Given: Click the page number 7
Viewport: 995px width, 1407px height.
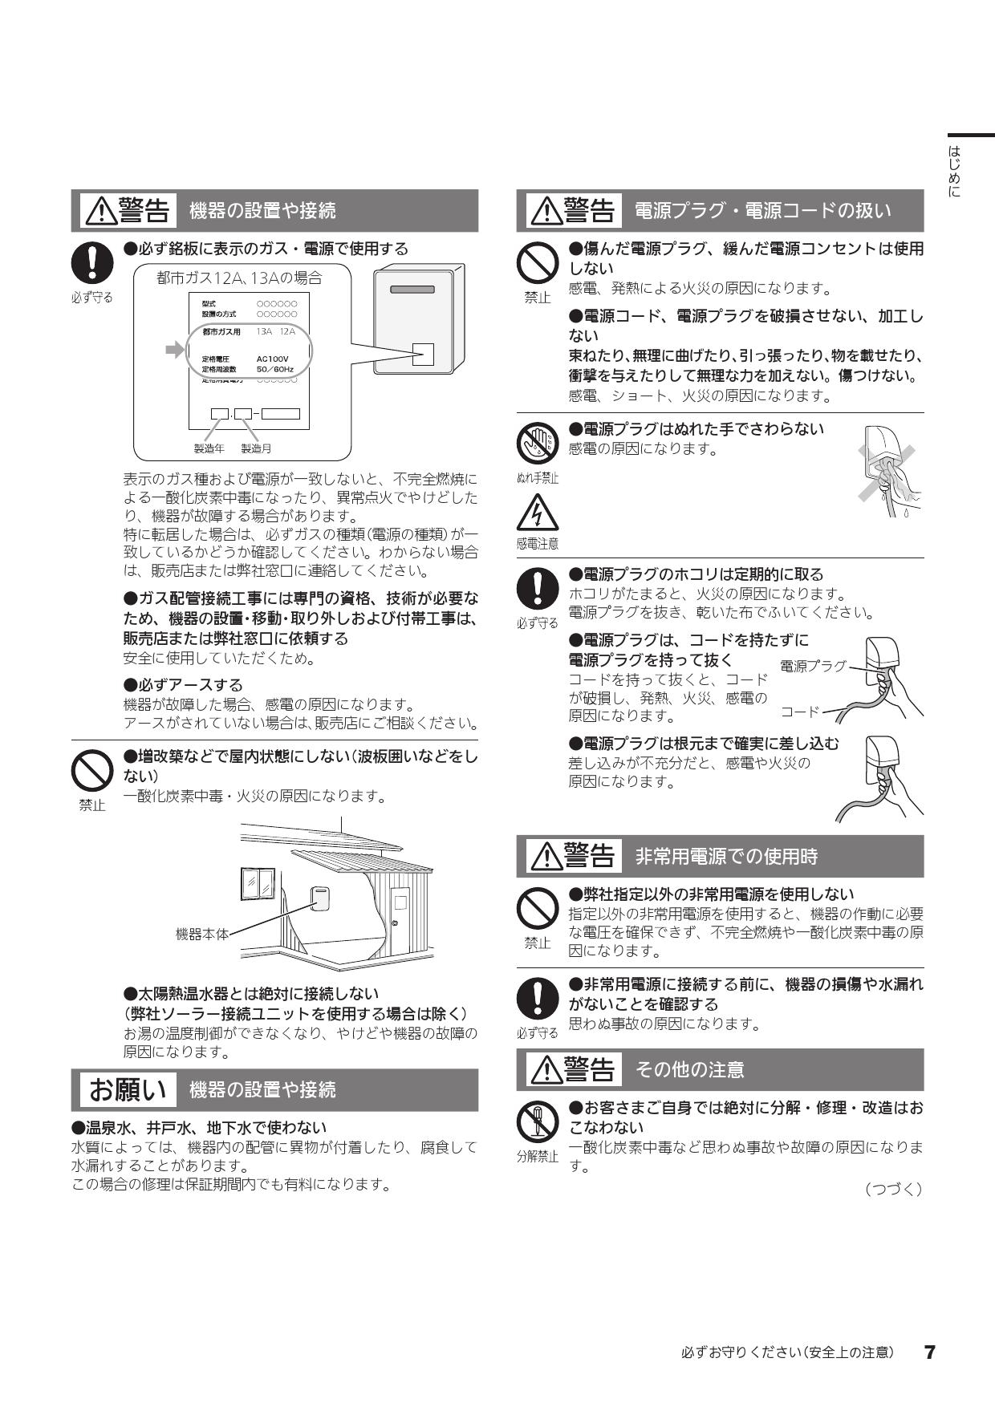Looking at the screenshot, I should (x=929, y=1352).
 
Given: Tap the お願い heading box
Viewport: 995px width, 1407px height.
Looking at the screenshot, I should (x=128, y=1089).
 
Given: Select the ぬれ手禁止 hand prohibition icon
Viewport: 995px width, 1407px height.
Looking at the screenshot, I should (x=538, y=442).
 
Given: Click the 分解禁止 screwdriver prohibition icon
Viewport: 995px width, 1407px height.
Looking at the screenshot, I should (x=538, y=1121).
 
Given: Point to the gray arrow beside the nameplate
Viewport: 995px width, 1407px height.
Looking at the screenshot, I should (x=174, y=350).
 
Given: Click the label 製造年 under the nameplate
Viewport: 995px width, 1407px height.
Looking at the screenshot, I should (x=209, y=448).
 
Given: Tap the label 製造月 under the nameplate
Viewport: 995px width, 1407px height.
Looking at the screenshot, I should (x=257, y=448).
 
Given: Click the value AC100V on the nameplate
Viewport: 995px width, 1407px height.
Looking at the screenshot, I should (x=272, y=359).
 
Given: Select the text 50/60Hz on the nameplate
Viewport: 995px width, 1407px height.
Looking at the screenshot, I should (x=274, y=369).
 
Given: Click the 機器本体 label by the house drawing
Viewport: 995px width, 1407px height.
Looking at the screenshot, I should (x=201, y=934).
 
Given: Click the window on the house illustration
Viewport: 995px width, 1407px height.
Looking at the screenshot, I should (x=258, y=884).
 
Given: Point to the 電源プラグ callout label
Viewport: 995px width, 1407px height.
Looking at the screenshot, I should (x=813, y=666).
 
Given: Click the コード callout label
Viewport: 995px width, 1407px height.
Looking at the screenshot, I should (x=800, y=712).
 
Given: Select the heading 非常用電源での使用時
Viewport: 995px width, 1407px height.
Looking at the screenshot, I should (x=726, y=857).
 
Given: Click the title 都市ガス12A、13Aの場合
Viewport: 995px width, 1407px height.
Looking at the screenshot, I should (x=239, y=278).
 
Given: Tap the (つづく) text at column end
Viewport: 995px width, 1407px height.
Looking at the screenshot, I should (x=893, y=1189).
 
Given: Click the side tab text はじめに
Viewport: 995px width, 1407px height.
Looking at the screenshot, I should (x=954, y=171).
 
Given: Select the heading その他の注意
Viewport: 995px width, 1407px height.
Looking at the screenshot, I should (x=689, y=1069).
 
